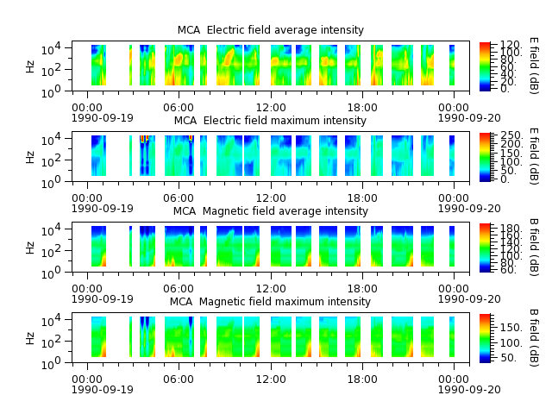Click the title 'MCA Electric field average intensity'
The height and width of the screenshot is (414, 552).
270,30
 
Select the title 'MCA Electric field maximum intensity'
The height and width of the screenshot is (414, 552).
270,121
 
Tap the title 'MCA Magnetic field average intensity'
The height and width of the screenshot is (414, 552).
270,210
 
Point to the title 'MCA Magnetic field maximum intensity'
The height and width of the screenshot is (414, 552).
270,302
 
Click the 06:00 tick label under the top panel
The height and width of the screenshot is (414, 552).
179,107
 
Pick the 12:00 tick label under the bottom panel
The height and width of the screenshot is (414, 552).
271,379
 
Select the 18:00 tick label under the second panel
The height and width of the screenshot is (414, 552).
362,198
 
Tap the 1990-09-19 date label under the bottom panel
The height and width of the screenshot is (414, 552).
103,390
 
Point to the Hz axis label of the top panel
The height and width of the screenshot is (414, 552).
30,66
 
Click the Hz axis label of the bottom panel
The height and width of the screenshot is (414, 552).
30,338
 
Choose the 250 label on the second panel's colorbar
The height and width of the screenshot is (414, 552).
511,135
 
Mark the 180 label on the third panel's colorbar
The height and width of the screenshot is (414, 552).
511,228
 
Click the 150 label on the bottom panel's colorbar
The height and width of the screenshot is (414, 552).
511,328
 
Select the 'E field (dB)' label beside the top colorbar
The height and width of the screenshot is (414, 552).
534,66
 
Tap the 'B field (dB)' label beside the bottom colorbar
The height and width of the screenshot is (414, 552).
534,338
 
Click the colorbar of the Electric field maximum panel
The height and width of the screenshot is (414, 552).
485,157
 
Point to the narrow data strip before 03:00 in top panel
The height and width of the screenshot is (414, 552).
130,66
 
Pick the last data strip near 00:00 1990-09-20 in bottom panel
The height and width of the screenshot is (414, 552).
452,336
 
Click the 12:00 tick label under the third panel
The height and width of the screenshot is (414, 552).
271,289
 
